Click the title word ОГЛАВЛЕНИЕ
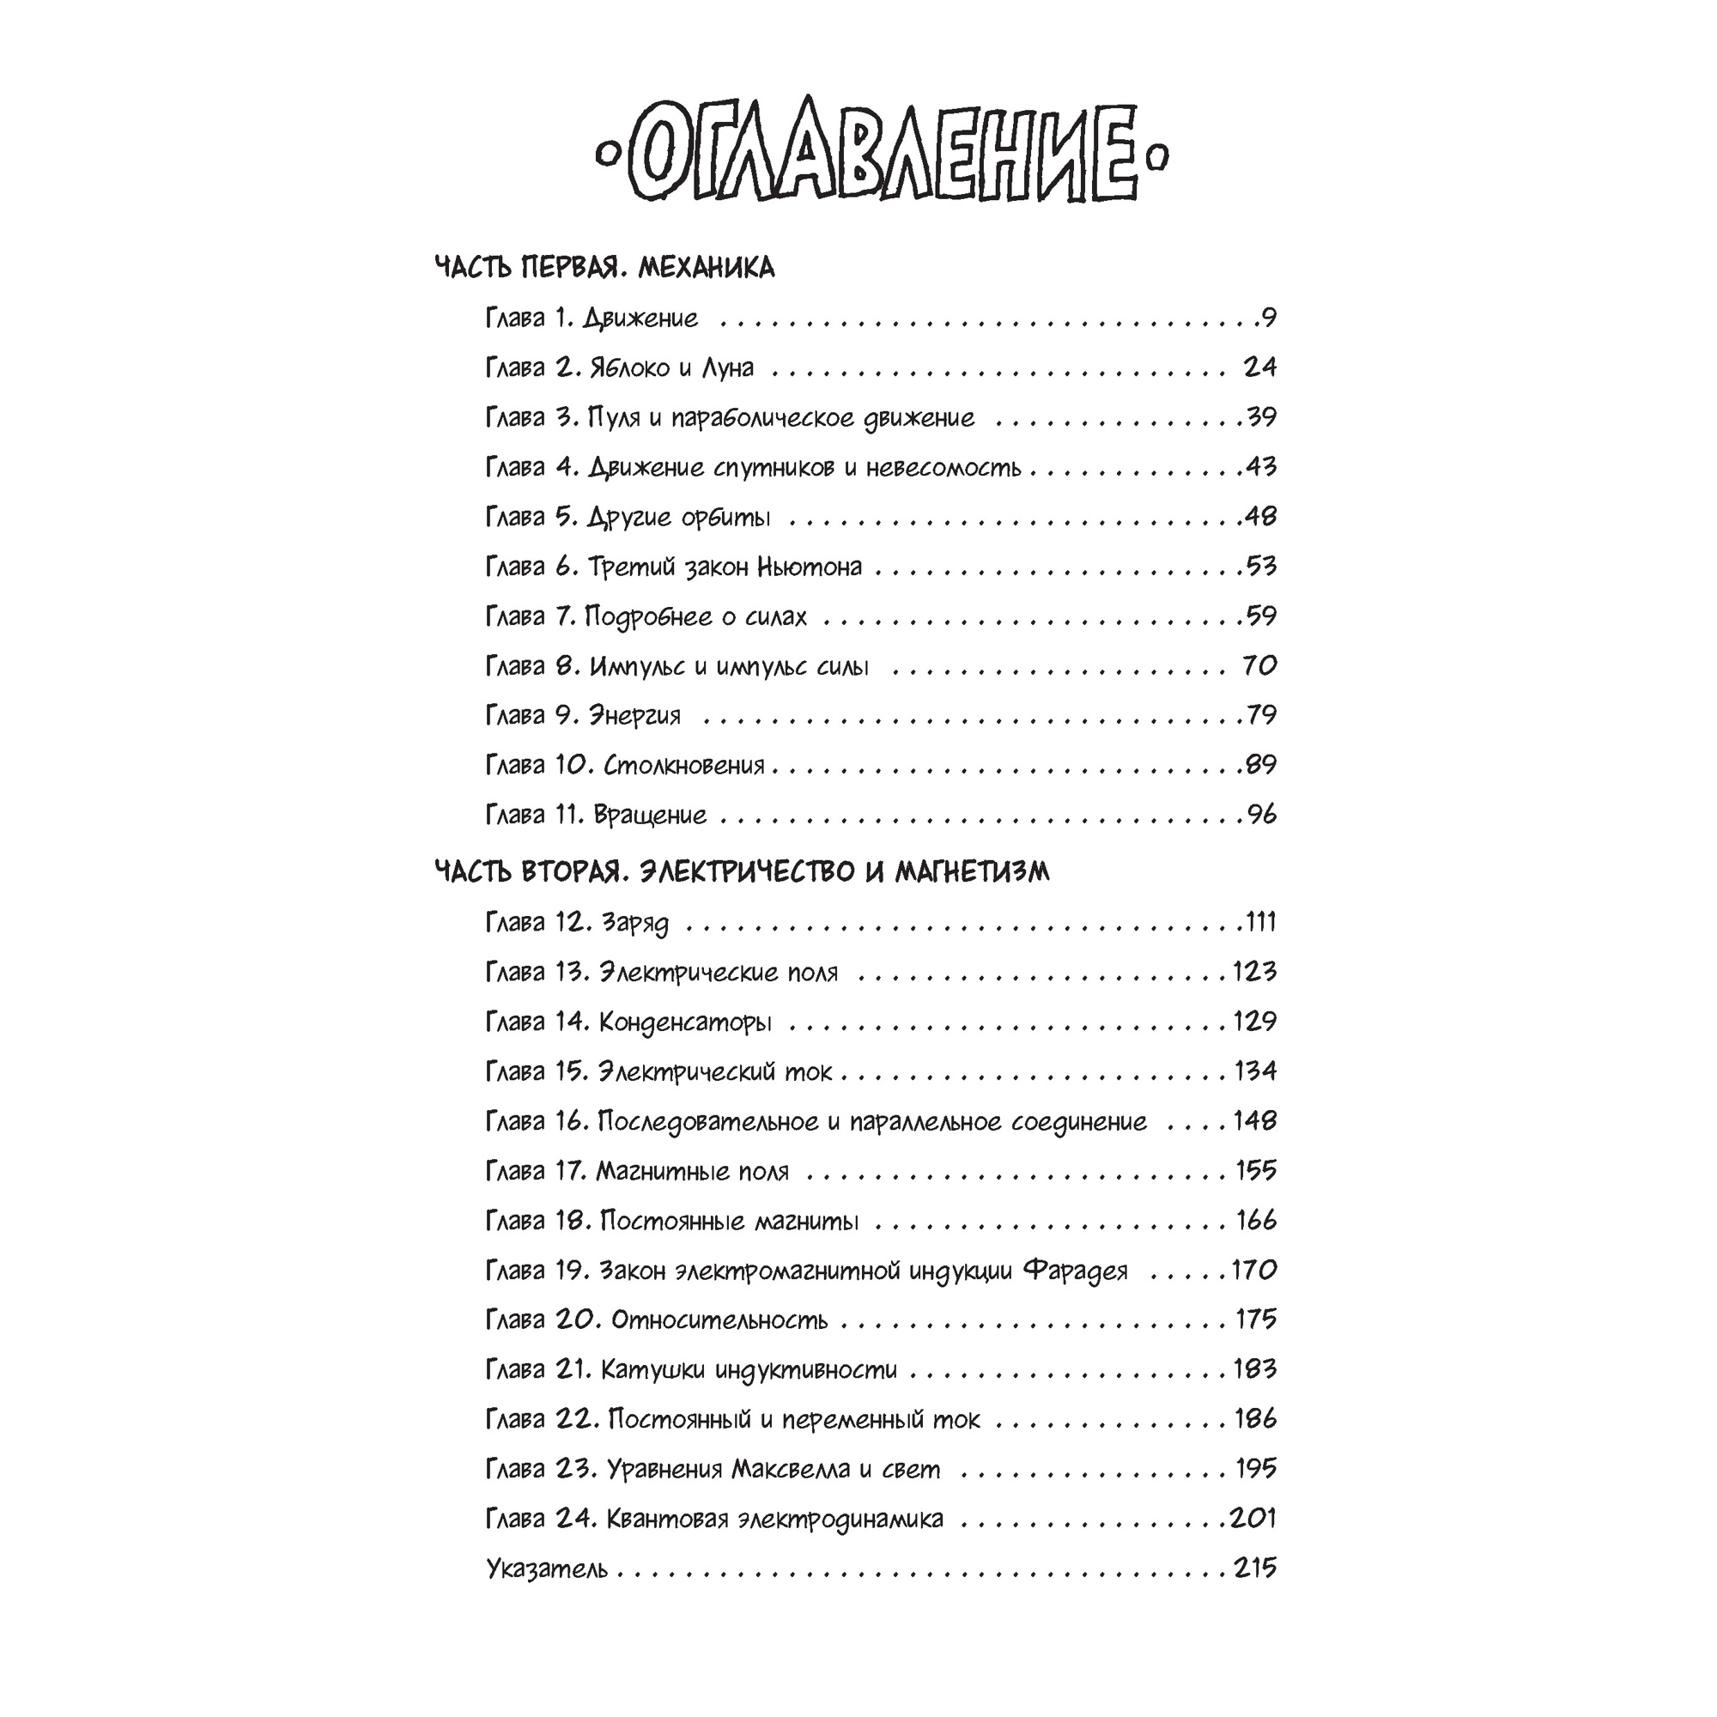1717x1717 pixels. click(883, 156)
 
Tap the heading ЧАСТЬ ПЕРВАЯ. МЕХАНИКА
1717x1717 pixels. click(604, 268)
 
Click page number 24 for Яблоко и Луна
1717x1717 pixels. click(1259, 367)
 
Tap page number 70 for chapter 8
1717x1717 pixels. click(1259, 665)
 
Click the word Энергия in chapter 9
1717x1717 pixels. click(634, 716)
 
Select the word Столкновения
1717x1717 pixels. click(683, 765)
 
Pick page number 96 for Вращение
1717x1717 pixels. click(1261, 814)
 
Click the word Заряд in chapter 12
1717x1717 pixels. click(634, 924)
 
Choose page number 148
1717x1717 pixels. click(1255, 1120)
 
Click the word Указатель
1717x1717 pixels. click(547, 1568)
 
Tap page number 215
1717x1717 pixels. click(1255, 1568)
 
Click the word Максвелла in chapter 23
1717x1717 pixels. click(790, 1469)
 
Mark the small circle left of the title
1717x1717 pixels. click(607, 156)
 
